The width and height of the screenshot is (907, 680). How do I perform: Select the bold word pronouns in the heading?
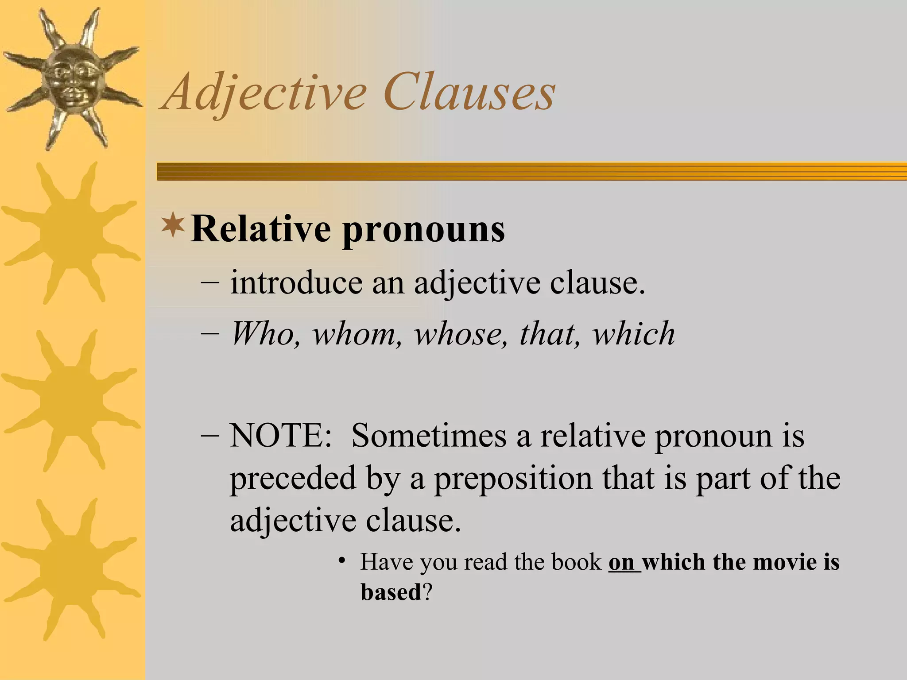pos(423,231)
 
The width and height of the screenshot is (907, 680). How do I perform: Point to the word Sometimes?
pos(429,436)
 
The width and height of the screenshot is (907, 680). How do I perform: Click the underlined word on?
pos(622,562)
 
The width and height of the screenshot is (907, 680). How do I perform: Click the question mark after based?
pos(427,592)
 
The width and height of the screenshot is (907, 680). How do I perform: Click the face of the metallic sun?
pos(71,79)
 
